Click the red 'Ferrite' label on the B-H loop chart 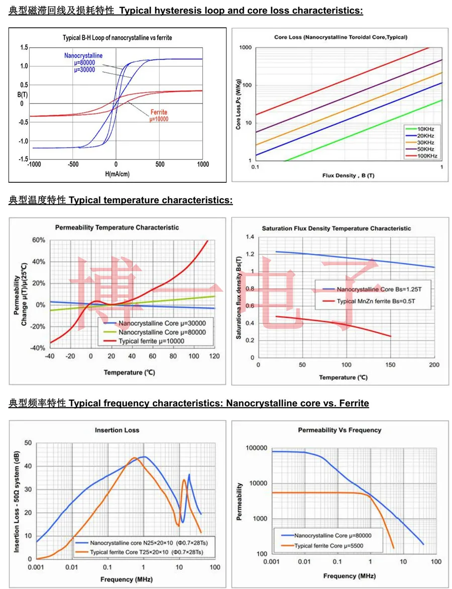point(159,112)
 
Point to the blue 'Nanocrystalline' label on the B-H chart point(83,56)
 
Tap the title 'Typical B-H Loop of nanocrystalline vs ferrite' point(117,38)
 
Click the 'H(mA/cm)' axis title point(116,174)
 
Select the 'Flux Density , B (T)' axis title point(349,175)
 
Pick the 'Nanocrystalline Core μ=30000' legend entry point(154,323)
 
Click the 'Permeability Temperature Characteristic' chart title point(117,227)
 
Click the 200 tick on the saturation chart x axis point(434,365)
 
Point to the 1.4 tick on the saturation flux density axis point(250,237)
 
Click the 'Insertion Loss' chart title point(117,430)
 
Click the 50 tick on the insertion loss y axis point(28,442)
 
